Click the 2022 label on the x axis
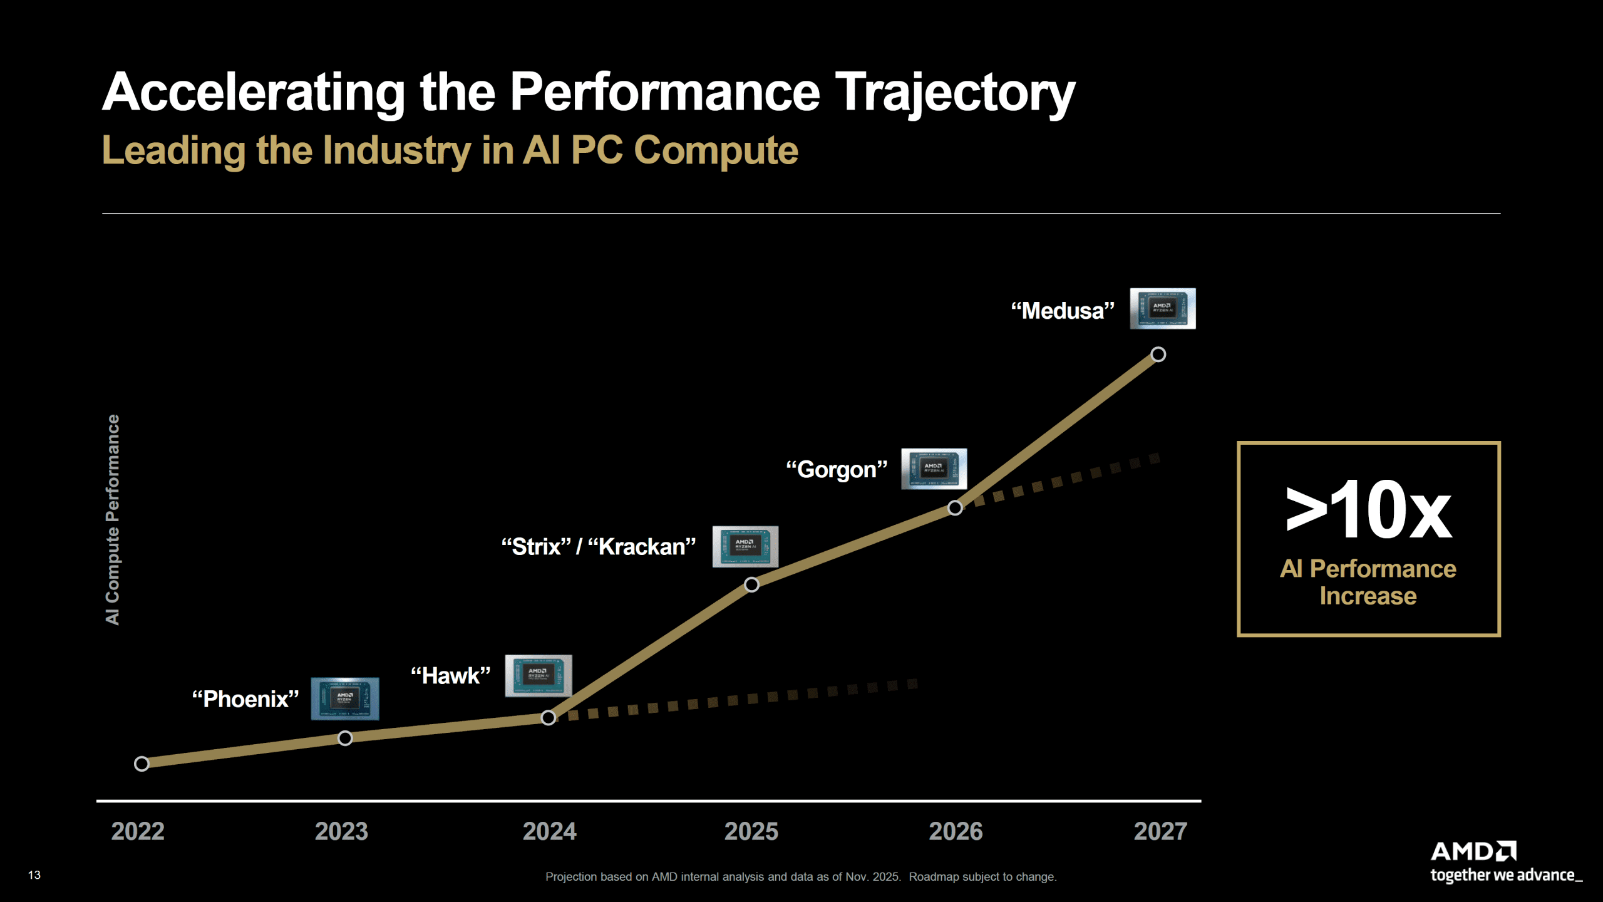[x=138, y=831]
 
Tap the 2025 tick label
[x=751, y=831]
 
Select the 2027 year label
[x=1160, y=831]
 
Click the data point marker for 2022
[x=142, y=764]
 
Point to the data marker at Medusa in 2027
[x=1158, y=355]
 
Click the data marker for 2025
[x=751, y=584]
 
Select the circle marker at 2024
[x=548, y=718]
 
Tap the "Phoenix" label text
[x=245, y=699]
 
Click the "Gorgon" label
[x=837, y=470]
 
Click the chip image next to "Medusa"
[x=1163, y=309]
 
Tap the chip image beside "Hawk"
[x=539, y=675]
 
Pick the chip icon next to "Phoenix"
[x=345, y=698]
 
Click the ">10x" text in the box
[x=1368, y=511]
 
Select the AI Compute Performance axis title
[x=113, y=520]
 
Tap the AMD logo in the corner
[x=1473, y=852]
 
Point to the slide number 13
[x=34, y=875]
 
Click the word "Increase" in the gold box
[x=1368, y=596]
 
